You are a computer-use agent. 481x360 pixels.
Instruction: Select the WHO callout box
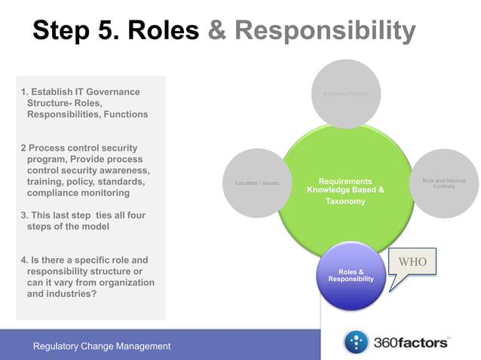(x=412, y=262)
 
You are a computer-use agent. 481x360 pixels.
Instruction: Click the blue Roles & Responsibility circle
(x=351, y=276)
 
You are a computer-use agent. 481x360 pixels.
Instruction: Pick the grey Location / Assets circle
(x=257, y=183)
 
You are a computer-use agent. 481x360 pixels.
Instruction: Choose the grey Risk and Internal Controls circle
(x=443, y=183)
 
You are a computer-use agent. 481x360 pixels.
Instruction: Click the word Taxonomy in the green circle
(x=345, y=202)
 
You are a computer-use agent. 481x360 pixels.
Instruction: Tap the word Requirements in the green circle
(x=345, y=182)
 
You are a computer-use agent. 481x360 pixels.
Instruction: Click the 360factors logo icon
(x=357, y=343)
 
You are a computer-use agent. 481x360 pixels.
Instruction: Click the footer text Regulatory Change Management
(x=102, y=346)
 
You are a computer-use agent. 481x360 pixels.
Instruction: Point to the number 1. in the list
(x=24, y=92)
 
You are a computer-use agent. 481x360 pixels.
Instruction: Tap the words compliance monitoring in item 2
(x=75, y=194)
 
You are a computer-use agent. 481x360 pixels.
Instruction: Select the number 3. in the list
(x=24, y=215)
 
